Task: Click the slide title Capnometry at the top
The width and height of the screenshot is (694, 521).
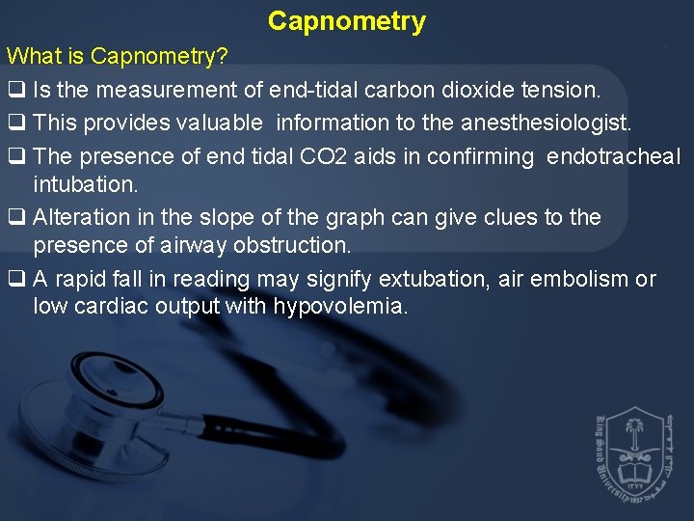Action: point(347,21)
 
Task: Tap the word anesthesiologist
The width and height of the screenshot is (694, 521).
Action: point(547,123)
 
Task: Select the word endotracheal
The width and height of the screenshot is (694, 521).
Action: point(613,156)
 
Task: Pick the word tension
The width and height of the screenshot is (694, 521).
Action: point(565,91)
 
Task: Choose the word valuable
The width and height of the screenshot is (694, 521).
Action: point(217,123)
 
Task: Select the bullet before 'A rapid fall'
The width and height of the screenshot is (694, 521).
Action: point(15,280)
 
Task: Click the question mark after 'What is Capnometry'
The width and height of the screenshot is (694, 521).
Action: point(223,57)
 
